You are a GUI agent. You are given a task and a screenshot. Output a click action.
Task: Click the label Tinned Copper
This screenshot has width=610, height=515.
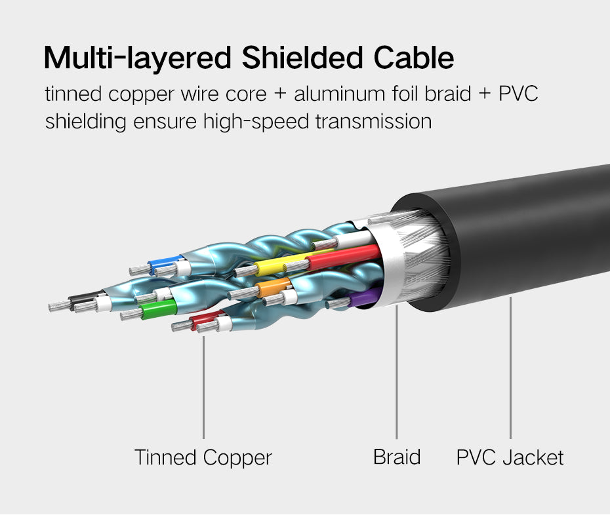pyautogui.click(x=203, y=457)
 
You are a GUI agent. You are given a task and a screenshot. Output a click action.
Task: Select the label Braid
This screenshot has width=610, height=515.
pyautogui.click(x=396, y=457)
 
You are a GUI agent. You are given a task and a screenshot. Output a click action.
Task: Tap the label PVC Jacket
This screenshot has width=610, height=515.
pyautogui.click(x=510, y=457)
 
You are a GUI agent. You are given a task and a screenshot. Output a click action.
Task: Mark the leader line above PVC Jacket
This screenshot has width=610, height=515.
pyautogui.click(x=510, y=367)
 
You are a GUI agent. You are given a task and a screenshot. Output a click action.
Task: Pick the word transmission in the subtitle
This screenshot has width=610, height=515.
pyautogui.click(x=376, y=122)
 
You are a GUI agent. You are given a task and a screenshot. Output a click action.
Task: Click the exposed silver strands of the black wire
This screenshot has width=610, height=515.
pyautogui.click(x=60, y=305)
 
